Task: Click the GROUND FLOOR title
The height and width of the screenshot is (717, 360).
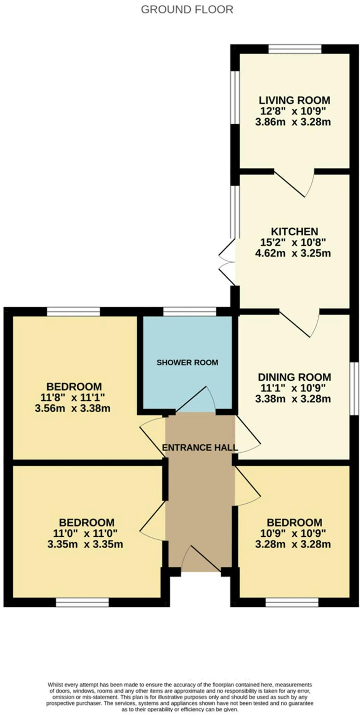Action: pyautogui.click(x=187, y=9)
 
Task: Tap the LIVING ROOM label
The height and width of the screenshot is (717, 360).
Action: pyautogui.click(x=294, y=100)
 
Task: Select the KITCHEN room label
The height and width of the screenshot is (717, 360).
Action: pyautogui.click(x=295, y=231)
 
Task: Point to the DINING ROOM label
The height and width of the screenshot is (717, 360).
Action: pyautogui.click(x=294, y=377)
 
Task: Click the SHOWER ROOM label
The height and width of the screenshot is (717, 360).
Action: pyautogui.click(x=187, y=362)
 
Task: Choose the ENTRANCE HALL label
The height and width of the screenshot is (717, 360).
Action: pyautogui.click(x=200, y=447)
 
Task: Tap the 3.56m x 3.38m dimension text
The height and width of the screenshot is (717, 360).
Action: pyautogui.click(x=73, y=408)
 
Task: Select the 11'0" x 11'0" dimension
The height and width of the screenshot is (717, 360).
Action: pyautogui.click(x=85, y=534)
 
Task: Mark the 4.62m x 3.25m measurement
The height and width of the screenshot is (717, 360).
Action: pyautogui.click(x=293, y=253)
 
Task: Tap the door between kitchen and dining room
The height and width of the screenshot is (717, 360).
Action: pyautogui.click(x=300, y=323)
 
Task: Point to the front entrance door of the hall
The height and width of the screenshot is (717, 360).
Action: pyautogui.click(x=201, y=558)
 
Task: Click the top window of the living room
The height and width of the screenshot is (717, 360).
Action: pyautogui.click(x=295, y=49)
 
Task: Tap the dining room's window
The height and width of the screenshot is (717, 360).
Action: pyautogui.click(x=354, y=389)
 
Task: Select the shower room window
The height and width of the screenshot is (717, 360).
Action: pyautogui.click(x=189, y=312)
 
